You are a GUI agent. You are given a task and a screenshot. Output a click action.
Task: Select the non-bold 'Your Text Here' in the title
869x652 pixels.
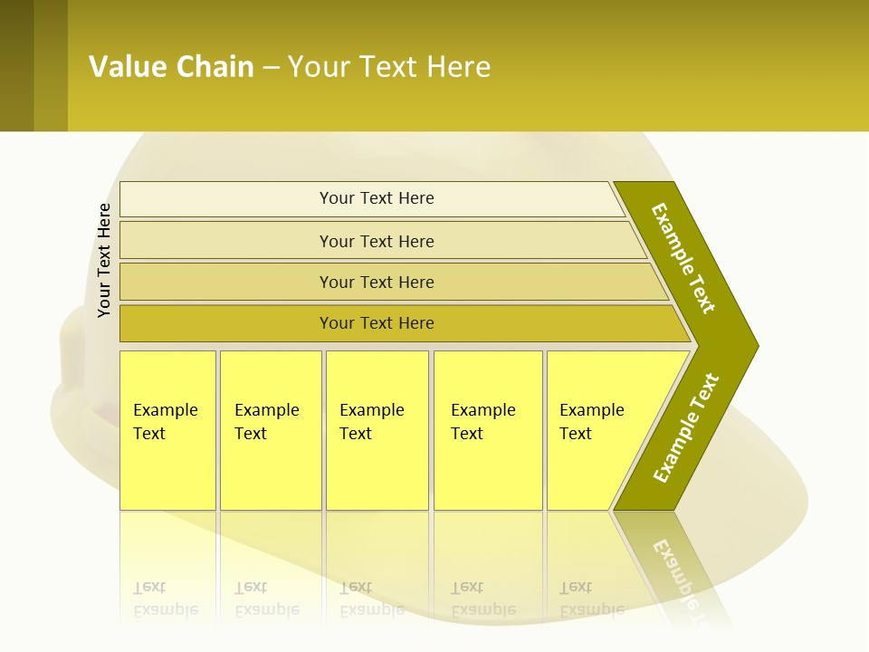[389, 67]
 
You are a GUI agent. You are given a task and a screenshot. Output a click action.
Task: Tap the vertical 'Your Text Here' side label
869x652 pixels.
[104, 261]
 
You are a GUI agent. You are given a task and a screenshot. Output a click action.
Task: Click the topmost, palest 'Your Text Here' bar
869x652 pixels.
[376, 198]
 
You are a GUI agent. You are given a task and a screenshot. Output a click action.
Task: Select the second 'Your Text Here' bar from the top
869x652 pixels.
[376, 241]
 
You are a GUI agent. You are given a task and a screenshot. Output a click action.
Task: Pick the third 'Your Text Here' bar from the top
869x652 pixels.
[376, 282]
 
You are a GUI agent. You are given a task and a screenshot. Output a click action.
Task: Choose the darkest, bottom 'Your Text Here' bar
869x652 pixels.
[376, 323]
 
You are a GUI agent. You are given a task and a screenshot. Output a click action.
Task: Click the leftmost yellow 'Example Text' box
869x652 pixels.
[167, 430]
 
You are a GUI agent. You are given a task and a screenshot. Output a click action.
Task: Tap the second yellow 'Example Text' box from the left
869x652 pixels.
[271, 430]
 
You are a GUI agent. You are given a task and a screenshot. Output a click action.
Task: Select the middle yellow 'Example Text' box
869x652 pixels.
[377, 430]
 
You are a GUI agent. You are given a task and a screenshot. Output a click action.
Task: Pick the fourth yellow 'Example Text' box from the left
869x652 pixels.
[488, 430]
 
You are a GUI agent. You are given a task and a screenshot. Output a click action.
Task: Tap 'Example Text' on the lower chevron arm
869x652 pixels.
[686, 428]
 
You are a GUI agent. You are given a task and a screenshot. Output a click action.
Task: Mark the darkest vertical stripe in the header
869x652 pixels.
[16, 65]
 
